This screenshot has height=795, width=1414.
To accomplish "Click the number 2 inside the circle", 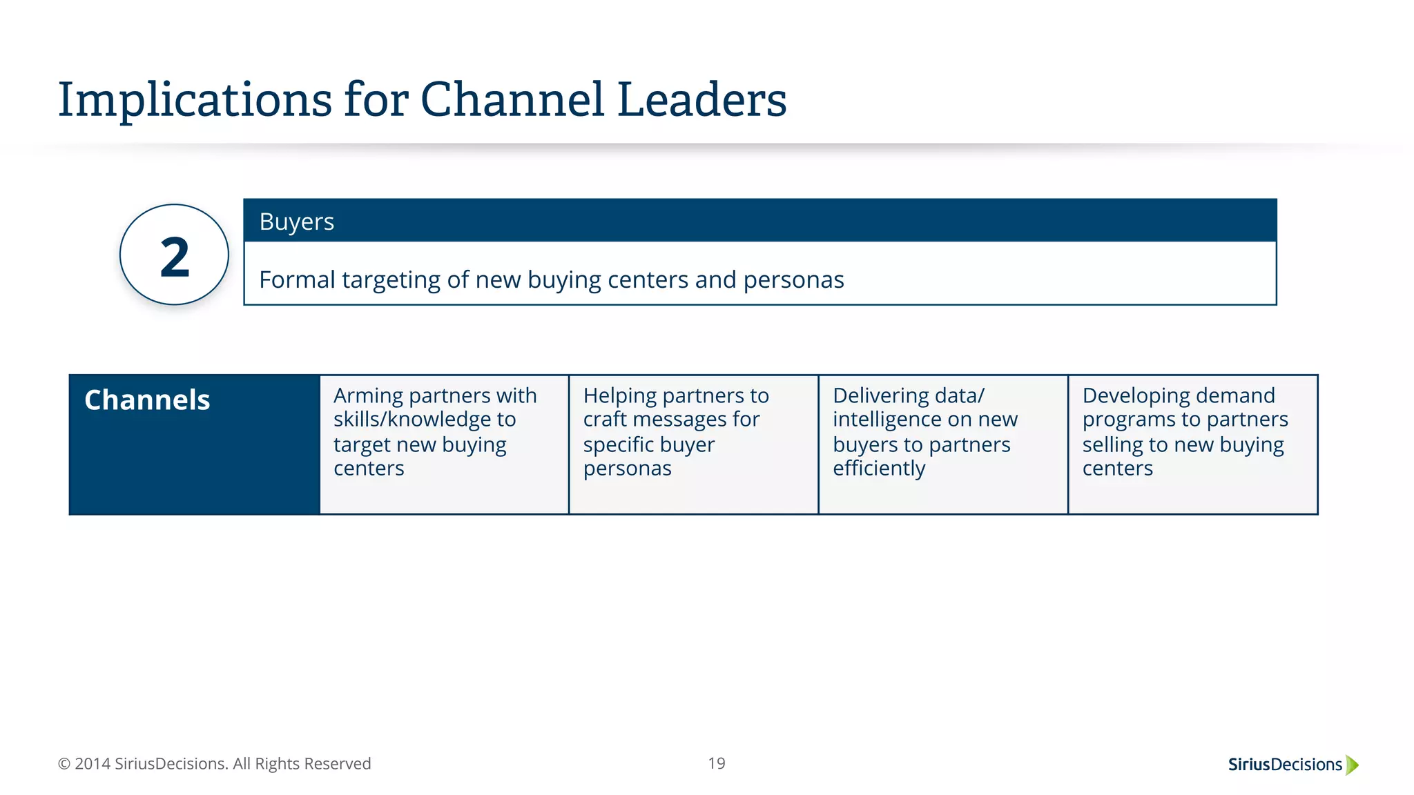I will pyautogui.click(x=174, y=257).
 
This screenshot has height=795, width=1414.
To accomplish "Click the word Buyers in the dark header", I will pyautogui.click(x=296, y=222).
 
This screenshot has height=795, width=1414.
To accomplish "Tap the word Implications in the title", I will pyautogui.click(x=195, y=101).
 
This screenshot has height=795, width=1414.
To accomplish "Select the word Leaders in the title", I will pyautogui.click(x=701, y=101).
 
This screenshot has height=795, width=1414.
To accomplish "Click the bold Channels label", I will pyautogui.click(x=147, y=400).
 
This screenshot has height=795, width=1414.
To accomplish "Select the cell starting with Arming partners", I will pyautogui.click(x=444, y=444).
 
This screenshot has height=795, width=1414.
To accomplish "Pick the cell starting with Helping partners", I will pyautogui.click(x=693, y=444).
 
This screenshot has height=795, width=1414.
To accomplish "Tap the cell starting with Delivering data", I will pyautogui.click(x=943, y=444).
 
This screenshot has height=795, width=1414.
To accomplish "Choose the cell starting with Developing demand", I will pyautogui.click(x=1192, y=444).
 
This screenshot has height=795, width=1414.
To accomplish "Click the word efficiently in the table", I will pyautogui.click(x=878, y=469).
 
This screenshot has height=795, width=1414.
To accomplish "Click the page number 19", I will pyautogui.click(x=717, y=763).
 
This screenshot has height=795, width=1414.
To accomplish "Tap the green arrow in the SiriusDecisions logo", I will pyautogui.click(x=1352, y=765).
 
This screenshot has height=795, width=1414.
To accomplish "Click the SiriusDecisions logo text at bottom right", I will pyautogui.click(x=1284, y=765).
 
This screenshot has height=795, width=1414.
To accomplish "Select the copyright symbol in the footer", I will pyautogui.click(x=64, y=764).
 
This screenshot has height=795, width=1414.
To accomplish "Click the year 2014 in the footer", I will pyautogui.click(x=93, y=764).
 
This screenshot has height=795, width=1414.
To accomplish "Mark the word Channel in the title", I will pyautogui.click(x=512, y=101).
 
